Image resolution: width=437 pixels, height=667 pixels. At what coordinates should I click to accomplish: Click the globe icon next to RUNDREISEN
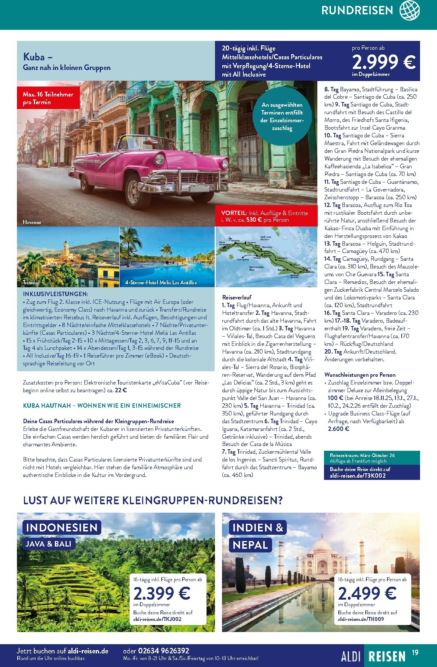pyautogui.click(x=409, y=10)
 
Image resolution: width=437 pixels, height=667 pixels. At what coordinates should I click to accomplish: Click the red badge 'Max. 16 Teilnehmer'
pyautogui.click(x=48, y=98)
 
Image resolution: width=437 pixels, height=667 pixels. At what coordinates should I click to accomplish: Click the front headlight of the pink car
pyautogui.click(x=159, y=159)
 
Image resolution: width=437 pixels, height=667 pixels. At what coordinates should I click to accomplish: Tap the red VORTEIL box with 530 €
pyautogui.click(x=266, y=217)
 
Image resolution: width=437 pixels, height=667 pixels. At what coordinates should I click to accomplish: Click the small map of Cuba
pyautogui.click(x=266, y=257)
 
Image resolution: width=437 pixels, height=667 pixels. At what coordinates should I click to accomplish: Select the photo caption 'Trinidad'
pyautogui.click(x=31, y=282)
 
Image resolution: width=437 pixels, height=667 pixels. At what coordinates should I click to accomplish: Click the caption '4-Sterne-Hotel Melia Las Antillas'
pyautogui.click(x=161, y=282)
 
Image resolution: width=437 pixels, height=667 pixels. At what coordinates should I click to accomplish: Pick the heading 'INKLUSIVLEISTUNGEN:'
pyautogui.click(x=55, y=294)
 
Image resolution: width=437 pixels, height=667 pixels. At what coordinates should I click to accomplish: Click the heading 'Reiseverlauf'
pyautogui.click(x=237, y=297)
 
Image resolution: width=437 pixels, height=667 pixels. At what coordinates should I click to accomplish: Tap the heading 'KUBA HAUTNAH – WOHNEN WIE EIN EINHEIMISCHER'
pyautogui.click(x=102, y=406)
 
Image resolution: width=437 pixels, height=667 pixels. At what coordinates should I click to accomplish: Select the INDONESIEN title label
pyautogui.click(x=61, y=527)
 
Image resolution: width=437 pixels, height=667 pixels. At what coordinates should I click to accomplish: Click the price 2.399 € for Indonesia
pyautogui.click(x=162, y=593)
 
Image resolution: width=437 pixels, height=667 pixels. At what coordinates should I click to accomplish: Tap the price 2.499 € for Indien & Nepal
pyautogui.click(x=367, y=593)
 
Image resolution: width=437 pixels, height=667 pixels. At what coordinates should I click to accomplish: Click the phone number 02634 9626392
pyautogui.click(x=163, y=651)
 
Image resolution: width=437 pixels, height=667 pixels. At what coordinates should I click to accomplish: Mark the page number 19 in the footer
pyautogui.click(x=415, y=653)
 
